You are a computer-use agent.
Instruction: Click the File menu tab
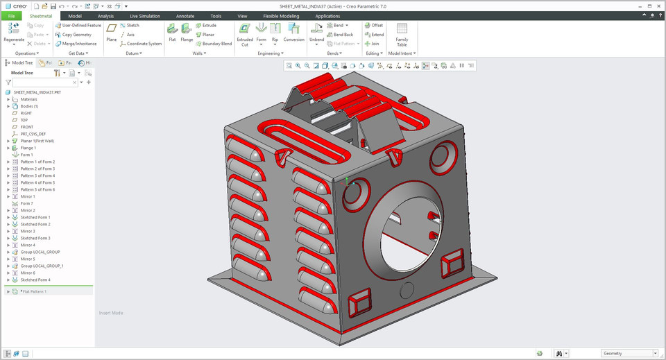tap(11, 15)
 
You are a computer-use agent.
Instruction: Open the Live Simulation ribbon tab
tap(144, 15)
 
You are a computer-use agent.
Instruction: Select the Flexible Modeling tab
tap(281, 15)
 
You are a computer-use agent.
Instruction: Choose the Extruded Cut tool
tap(245, 33)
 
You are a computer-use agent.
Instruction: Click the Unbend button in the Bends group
tap(316, 32)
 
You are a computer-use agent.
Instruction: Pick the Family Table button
tap(402, 33)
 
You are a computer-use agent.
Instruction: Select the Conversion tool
tap(293, 32)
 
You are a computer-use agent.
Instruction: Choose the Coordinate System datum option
tap(144, 43)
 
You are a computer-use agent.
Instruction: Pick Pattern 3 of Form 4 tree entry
tap(37, 175)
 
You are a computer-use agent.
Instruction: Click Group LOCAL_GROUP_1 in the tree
tap(42, 266)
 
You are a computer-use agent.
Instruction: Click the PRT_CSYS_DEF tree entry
tap(33, 134)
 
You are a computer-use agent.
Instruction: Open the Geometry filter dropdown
tap(628, 353)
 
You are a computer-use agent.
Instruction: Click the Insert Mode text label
tap(111, 313)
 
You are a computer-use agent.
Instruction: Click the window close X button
tap(658, 4)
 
